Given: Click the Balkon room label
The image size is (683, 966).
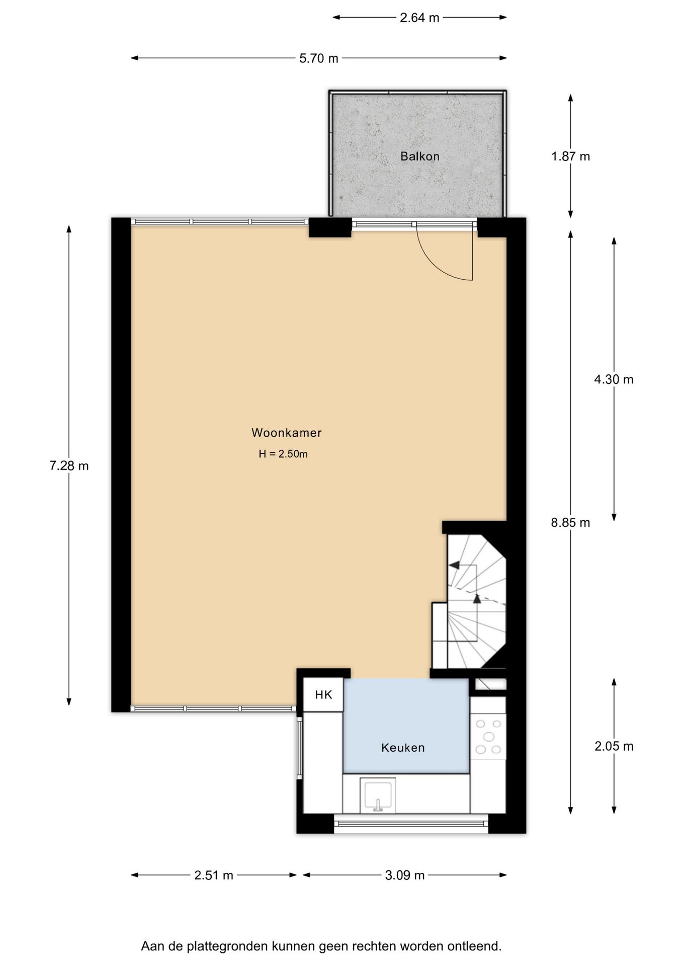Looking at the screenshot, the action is click(x=419, y=156).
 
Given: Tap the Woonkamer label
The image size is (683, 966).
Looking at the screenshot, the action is click(x=286, y=433).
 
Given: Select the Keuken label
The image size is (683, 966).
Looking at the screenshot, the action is click(x=403, y=748).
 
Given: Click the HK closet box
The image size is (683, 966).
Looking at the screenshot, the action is click(x=323, y=695).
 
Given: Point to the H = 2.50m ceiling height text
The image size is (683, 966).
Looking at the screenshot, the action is click(x=283, y=454).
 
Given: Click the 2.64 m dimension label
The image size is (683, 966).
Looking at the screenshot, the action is click(x=419, y=18).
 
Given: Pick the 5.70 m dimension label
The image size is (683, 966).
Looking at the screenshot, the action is click(x=319, y=58).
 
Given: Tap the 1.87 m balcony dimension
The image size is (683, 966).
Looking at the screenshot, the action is click(x=570, y=156).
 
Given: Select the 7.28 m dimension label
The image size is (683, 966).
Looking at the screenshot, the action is click(x=69, y=466).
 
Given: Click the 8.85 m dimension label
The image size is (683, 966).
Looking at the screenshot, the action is click(x=570, y=523).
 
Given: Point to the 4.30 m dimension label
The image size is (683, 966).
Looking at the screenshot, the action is click(x=614, y=379).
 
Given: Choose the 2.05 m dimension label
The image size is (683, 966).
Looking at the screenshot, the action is click(x=614, y=746).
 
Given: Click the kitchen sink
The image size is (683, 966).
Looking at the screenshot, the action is click(x=378, y=795).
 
